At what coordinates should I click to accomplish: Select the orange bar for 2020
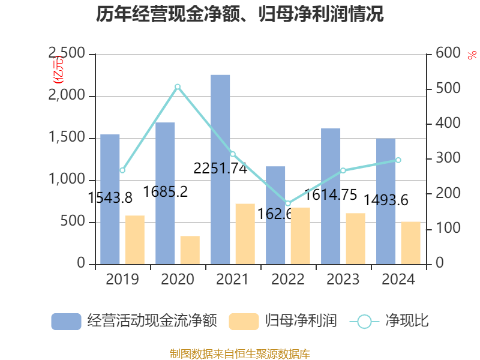tap(190, 250)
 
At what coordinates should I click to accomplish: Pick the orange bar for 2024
tap(410, 242)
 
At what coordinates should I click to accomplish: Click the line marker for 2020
tap(178, 87)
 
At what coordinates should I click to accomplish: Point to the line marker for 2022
tap(288, 203)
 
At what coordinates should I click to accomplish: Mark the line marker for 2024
tap(398, 160)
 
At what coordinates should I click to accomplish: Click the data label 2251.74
tap(220, 169)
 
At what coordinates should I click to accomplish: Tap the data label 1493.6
tap(386, 200)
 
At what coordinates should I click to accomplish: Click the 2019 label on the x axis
tap(122, 280)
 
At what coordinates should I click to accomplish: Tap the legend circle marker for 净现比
tap(364, 322)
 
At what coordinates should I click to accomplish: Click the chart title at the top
tap(240, 14)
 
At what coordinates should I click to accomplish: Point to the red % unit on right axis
tap(472, 55)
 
